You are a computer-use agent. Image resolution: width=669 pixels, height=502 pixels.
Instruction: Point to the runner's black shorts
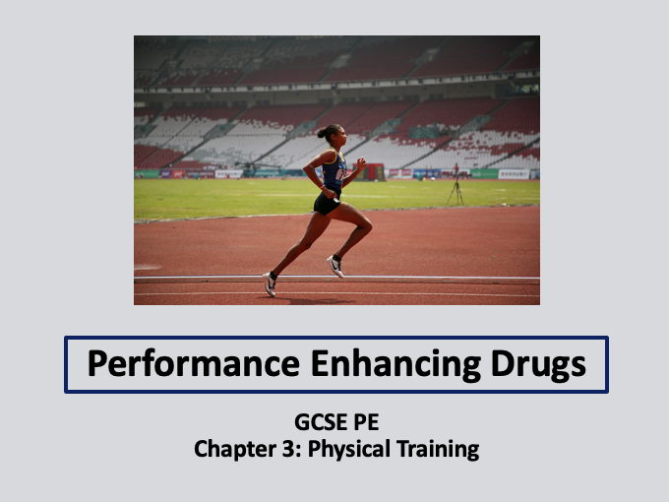pyautogui.click(x=328, y=203)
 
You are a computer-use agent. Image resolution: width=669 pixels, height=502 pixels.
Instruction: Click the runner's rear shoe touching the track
pyautogui.click(x=270, y=283)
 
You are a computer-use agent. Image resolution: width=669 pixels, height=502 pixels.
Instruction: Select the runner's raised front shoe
pyautogui.click(x=335, y=266)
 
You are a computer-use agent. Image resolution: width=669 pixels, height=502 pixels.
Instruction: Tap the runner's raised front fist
pyautogui.click(x=361, y=161)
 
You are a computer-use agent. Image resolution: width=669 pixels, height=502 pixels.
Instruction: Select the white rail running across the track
pyautogui.click(x=443, y=280)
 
